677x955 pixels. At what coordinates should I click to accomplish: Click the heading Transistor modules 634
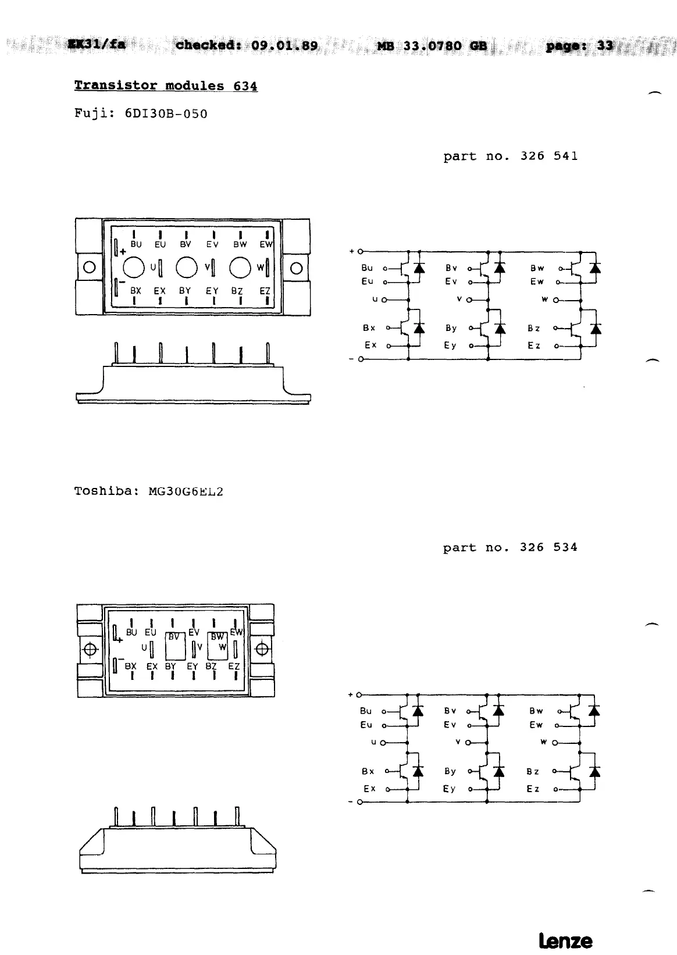coord(166,85)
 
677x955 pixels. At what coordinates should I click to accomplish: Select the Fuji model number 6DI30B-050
coord(166,113)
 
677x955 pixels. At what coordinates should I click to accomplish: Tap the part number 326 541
coord(548,156)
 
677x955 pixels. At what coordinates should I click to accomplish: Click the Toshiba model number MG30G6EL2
coord(186,491)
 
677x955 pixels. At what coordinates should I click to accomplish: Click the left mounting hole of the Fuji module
coord(89,268)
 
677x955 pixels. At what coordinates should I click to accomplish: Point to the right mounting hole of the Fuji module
coord(296,268)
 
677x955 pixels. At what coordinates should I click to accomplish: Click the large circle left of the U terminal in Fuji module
coord(134,268)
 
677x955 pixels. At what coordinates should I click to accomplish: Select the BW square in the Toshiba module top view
coord(218,645)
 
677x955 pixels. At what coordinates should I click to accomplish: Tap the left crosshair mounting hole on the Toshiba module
coord(90,649)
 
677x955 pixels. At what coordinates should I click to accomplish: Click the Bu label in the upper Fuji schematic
coord(367,268)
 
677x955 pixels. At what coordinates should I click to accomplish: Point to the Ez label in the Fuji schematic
coord(534,345)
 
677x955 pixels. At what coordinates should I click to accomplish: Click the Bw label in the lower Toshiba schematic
coord(536,711)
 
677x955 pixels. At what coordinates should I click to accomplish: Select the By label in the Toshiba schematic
coord(450,771)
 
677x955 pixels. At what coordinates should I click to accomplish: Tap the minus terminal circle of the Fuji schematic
coord(360,359)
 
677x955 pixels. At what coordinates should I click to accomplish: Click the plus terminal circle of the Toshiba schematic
coord(359,694)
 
